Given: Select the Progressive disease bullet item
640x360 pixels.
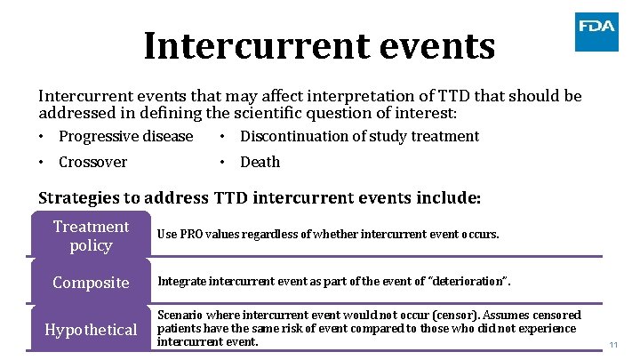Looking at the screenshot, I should pyautogui.click(x=125, y=136).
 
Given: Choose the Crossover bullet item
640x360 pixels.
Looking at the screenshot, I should pyautogui.click(x=92, y=162).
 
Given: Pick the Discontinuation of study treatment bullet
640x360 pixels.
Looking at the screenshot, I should pyautogui.click(x=359, y=136).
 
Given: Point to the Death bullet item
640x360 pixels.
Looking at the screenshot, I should pyautogui.click(x=260, y=162).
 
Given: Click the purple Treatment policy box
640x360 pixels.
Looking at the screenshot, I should pyautogui.click(x=91, y=236).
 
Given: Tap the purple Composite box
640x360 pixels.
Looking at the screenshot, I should pyautogui.click(x=91, y=283).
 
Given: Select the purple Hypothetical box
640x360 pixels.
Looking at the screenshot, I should pyautogui.click(x=91, y=330).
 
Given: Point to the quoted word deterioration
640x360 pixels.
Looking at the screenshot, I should pyautogui.click(x=468, y=283).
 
